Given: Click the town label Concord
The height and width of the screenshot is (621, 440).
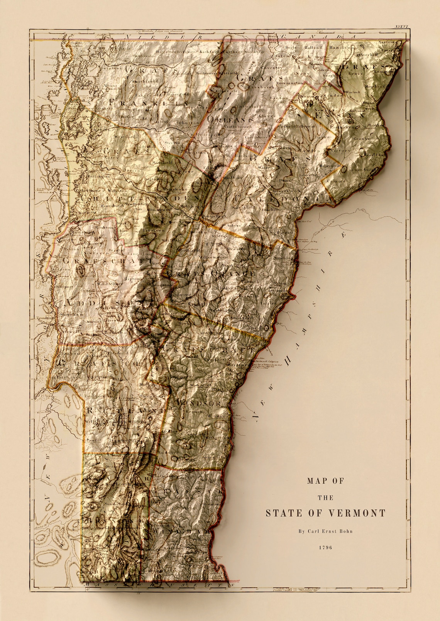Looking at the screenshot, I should click(x=336, y=181).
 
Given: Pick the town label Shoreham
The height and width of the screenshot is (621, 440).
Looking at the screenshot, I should click(x=69, y=315).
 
